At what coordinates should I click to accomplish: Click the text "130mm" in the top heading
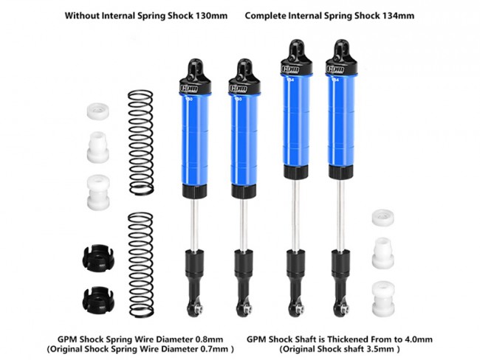[212, 15]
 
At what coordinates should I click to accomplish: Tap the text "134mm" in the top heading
[399, 15]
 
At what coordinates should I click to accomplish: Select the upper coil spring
[141, 142]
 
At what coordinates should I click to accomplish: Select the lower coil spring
[141, 265]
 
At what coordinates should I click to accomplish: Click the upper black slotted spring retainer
[98, 258]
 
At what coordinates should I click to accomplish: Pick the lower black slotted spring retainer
[98, 297]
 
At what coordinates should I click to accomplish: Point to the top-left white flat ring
[98, 111]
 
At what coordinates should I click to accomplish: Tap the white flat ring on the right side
[383, 218]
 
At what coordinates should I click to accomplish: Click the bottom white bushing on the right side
[383, 299]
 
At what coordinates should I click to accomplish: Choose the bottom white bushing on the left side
[98, 193]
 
